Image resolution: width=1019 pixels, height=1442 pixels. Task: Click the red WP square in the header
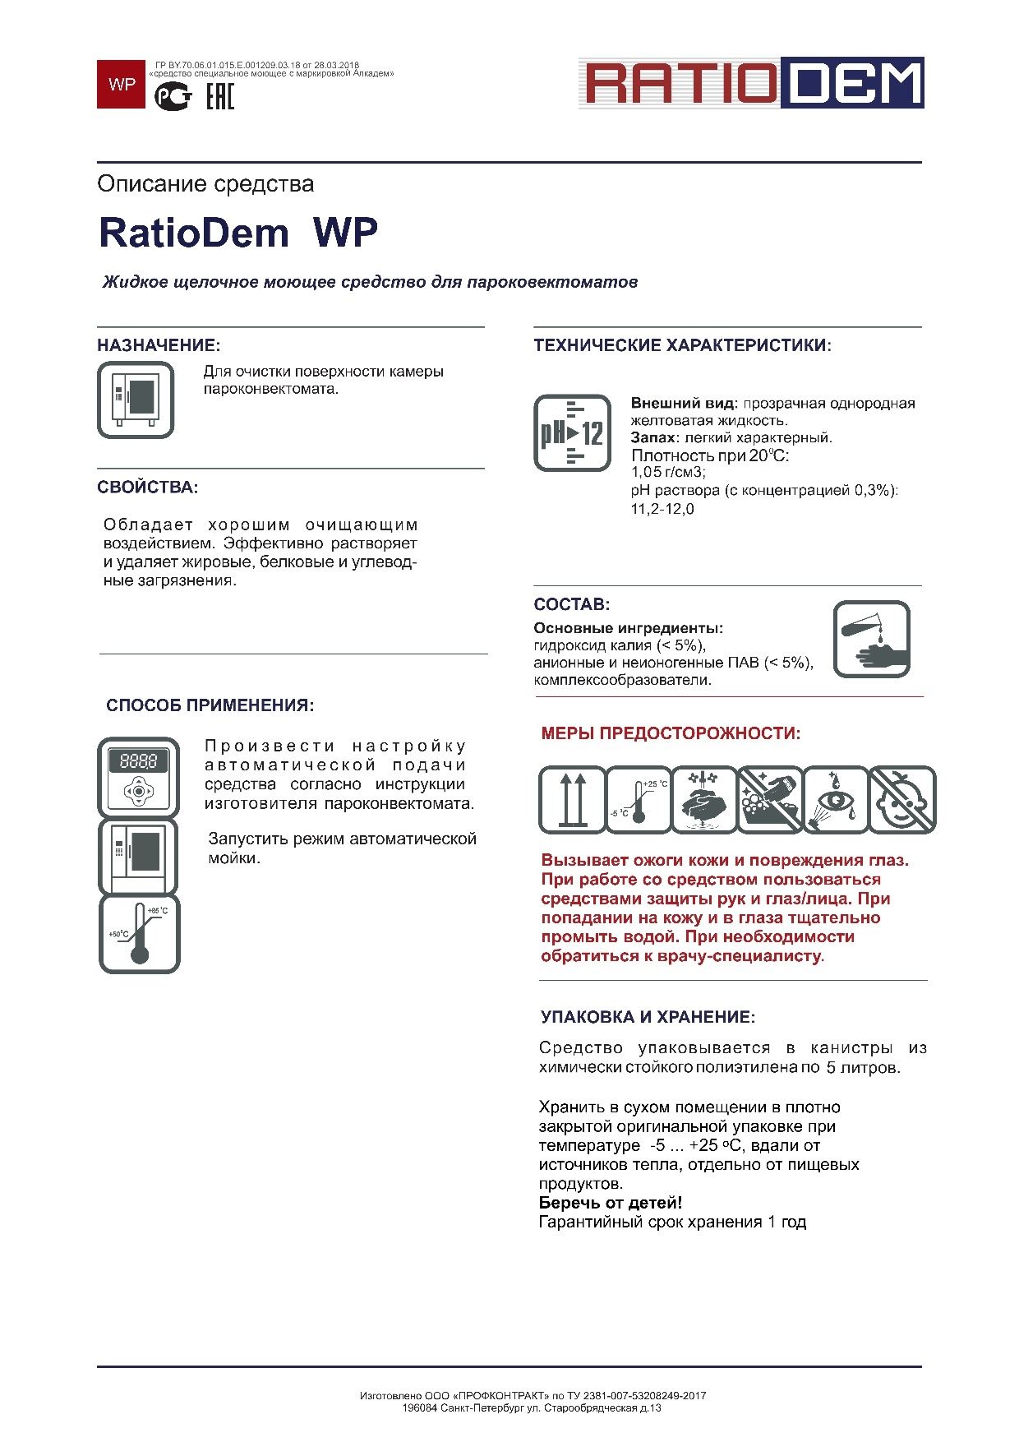(121, 84)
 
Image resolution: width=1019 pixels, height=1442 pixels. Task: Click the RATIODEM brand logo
(751, 83)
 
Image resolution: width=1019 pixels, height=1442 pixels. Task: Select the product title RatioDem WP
(237, 233)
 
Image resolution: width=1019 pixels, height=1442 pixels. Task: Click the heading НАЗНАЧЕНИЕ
(159, 345)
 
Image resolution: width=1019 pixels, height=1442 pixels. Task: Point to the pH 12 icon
(572, 432)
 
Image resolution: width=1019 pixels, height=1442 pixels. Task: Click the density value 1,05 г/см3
(668, 473)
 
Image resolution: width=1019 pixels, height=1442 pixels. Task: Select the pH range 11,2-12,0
(662, 510)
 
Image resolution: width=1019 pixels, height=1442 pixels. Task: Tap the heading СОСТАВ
(572, 604)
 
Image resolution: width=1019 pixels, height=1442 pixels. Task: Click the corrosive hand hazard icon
(871, 640)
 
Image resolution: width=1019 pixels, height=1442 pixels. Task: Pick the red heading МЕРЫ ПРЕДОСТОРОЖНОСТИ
(671, 733)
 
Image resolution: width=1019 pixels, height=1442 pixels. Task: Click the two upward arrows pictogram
(572, 800)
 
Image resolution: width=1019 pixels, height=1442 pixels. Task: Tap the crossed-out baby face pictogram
(902, 800)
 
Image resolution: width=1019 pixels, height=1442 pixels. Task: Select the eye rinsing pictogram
(836, 800)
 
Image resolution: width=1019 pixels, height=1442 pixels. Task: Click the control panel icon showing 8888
(139, 776)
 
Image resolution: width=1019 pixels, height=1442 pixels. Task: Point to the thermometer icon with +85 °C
(140, 935)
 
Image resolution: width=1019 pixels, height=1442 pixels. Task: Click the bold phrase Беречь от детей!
(611, 1203)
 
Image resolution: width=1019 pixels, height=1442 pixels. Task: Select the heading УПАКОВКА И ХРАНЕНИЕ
(648, 1017)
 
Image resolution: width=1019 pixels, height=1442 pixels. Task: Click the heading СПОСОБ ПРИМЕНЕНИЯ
(210, 705)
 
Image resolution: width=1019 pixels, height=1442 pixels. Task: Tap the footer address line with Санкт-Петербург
(532, 1407)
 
